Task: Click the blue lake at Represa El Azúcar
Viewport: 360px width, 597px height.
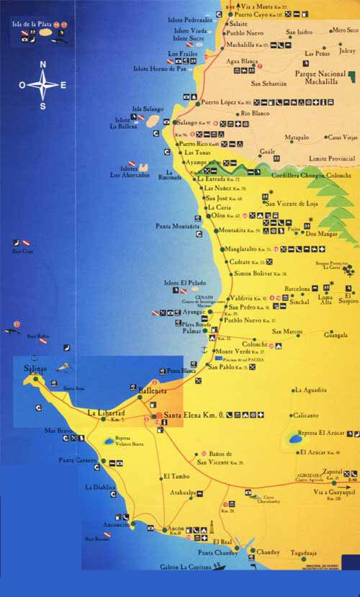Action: tap(295, 437)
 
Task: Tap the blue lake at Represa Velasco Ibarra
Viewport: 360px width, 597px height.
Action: tap(109, 438)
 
